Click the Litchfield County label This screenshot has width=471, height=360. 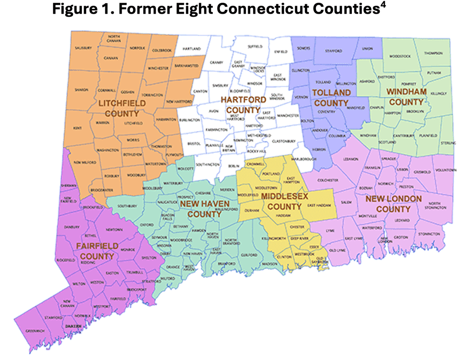click(x=119, y=108)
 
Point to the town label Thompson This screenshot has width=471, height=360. click(x=433, y=53)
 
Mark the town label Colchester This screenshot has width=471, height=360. click(x=328, y=180)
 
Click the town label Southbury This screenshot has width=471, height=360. click(x=128, y=205)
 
